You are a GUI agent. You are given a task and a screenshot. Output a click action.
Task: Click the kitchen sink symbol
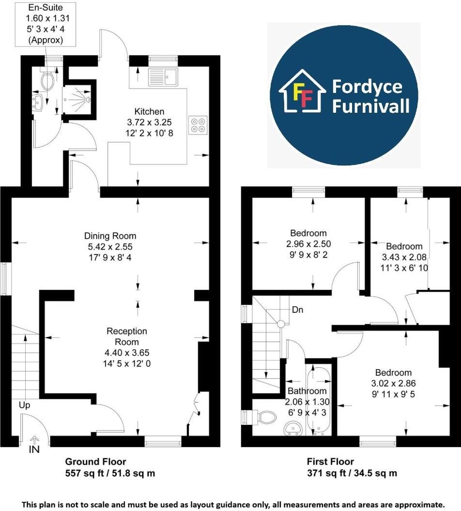[x=163, y=76]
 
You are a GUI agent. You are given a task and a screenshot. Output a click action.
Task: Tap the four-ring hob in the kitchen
[x=198, y=125]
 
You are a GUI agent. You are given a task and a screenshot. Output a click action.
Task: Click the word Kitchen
[x=150, y=111]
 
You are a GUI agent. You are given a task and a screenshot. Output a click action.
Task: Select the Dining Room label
[x=110, y=236]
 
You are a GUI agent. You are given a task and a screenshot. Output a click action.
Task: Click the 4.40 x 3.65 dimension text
[x=127, y=353]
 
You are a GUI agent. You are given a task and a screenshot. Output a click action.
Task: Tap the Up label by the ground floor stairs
[x=25, y=404]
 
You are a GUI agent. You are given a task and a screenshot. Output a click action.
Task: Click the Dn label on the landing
[x=297, y=310]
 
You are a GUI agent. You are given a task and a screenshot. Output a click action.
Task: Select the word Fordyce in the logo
[x=367, y=87]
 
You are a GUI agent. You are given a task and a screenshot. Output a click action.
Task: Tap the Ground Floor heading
[x=95, y=462]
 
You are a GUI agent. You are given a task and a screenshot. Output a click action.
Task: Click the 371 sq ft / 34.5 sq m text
[x=352, y=473]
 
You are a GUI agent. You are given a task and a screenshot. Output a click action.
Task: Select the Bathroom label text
[x=307, y=391]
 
